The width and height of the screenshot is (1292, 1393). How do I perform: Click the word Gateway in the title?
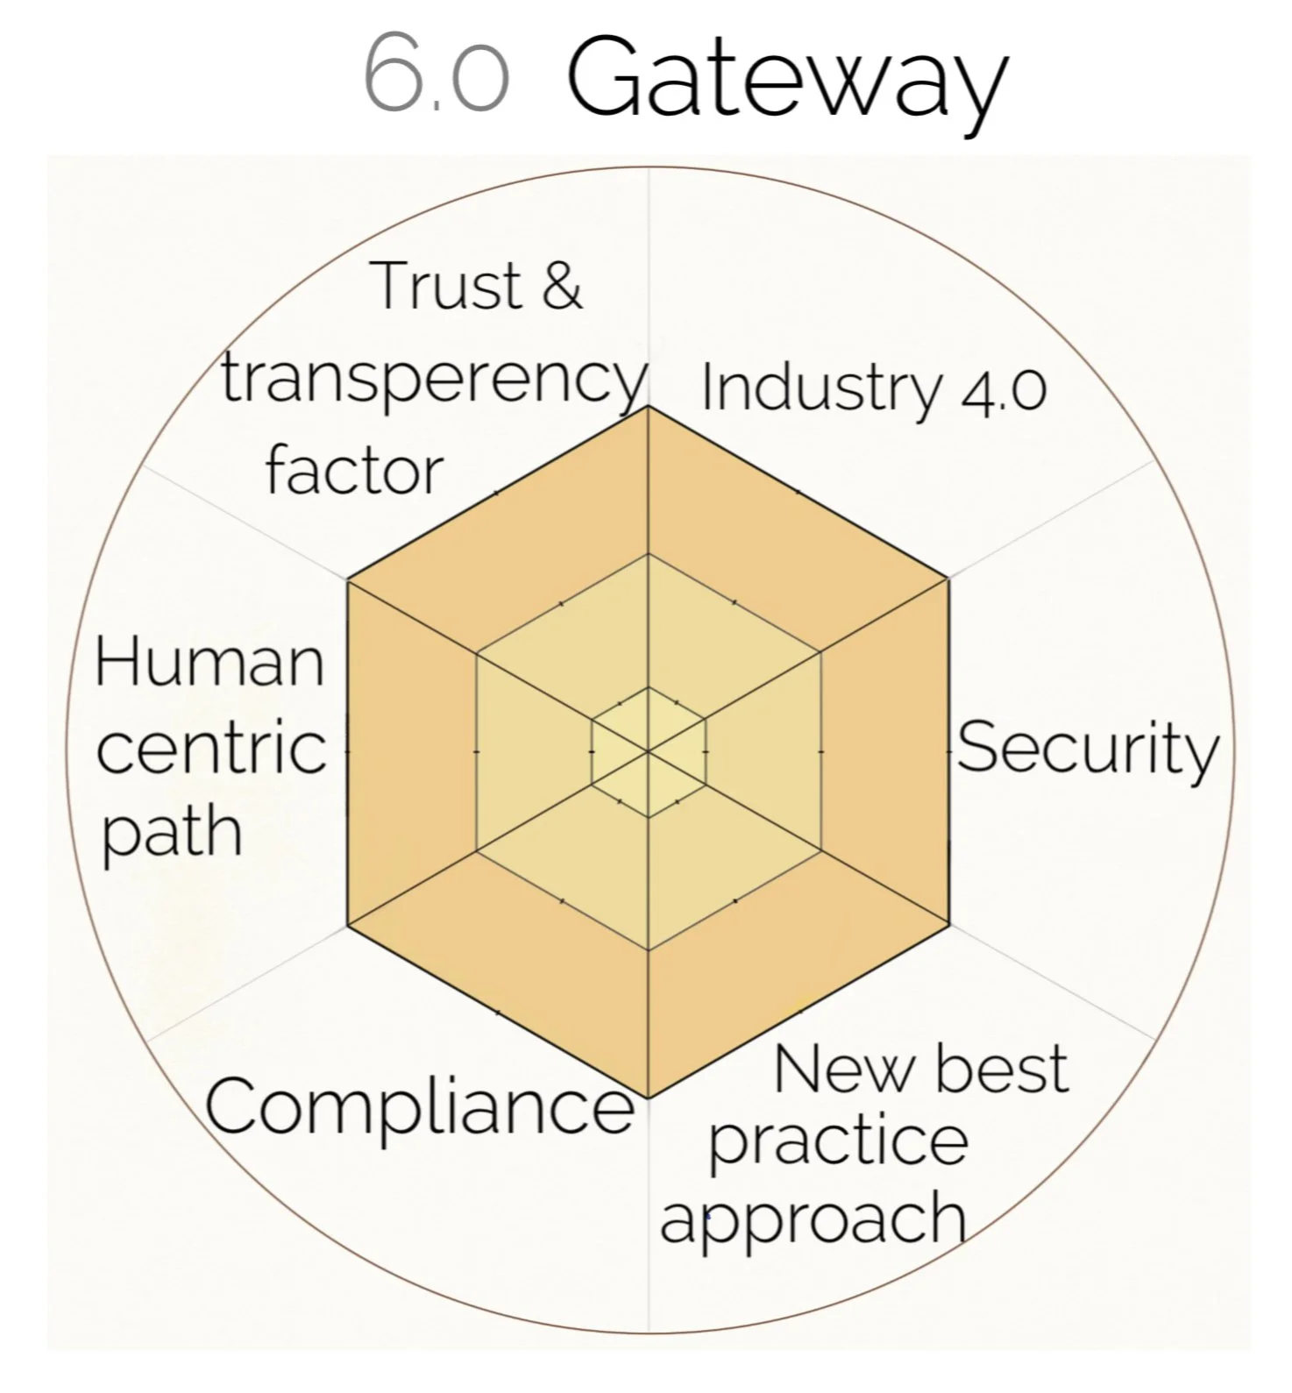[x=786, y=79]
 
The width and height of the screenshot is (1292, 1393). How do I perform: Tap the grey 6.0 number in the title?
[x=436, y=75]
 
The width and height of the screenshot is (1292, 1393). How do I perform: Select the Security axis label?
[x=1087, y=750]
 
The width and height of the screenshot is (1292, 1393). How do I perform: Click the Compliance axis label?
[x=419, y=1105]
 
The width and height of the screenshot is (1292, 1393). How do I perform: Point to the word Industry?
[x=820, y=387]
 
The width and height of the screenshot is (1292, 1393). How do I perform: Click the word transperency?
[x=433, y=380]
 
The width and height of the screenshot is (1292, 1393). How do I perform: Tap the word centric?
[x=210, y=750]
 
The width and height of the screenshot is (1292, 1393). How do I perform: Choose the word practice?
[x=838, y=1142]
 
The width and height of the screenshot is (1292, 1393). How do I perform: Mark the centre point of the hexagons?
[x=648, y=751]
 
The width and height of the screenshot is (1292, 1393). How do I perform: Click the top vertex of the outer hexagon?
[x=648, y=406]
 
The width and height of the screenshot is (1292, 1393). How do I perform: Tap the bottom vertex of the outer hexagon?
[x=648, y=1098]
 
